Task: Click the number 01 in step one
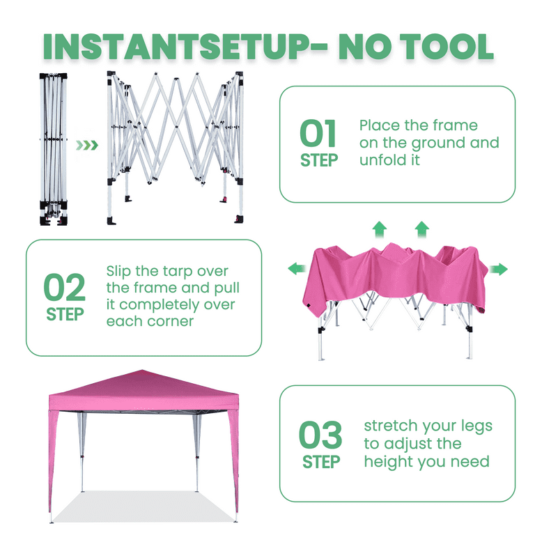pyautogui.click(x=318, y=134)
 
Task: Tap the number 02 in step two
pyautogui.click(x=64, y=288)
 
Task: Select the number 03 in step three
pyautogui.click(x=320, y=435)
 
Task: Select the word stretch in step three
pyautogui.click(x=393, y=426)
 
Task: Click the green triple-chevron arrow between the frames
pyautogui.click(x=87, y=146)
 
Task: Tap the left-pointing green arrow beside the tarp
pyautogui.click(x=296, y=268)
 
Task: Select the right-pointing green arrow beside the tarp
pyautogui.click(x=499, y=270)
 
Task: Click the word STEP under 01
pyautogui.click(x=319, y=160)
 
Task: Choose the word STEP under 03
pyautogui.click(x=321, y=462)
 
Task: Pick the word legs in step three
pyautogui.click(x=474, y=426)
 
